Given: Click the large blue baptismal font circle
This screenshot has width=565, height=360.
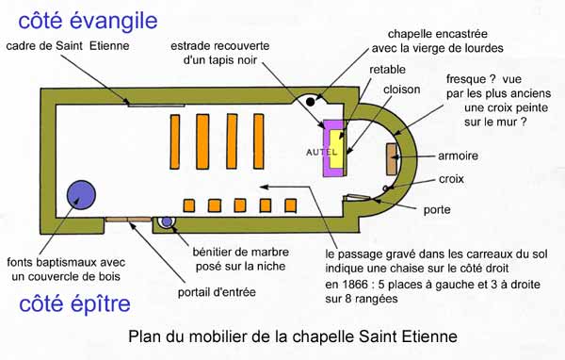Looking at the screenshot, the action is [x=81, y=195].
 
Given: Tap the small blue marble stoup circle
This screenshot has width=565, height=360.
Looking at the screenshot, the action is [x=167, y=221].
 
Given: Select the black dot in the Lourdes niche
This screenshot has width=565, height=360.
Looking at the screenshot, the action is [x=310, y=102].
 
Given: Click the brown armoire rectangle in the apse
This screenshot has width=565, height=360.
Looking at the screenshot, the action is [x=392, y=159].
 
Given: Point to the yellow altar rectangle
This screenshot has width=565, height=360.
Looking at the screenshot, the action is [x=337, y=149].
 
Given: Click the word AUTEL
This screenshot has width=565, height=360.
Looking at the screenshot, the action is [x=322, y=153].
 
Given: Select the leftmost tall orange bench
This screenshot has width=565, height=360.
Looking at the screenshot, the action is [x=175, y=141].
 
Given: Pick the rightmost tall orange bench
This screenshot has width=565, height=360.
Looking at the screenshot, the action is [x=259, y=141].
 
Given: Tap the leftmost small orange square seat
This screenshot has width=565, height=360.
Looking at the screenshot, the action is [x=189, y=205].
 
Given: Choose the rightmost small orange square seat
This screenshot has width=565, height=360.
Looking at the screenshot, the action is [x=290, y=205].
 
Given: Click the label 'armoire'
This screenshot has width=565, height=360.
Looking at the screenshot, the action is [x=458, y=155].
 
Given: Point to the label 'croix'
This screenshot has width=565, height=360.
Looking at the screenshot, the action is [x=451, y=179].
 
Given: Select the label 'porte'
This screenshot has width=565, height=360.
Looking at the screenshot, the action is [x=437, y=209].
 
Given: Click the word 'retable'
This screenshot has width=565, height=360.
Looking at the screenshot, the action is [x=387, y=70].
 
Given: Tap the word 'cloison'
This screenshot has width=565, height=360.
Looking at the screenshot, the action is [x=401, y=90].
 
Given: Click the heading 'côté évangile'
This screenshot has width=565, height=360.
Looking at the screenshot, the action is [x=88, y=21].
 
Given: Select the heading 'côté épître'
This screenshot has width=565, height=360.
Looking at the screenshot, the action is [x=74, y=303].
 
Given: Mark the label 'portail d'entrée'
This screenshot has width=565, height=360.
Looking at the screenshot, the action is [x=217, y=292].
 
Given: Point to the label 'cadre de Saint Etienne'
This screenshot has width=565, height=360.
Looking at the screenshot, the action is [x=68, y=46].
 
